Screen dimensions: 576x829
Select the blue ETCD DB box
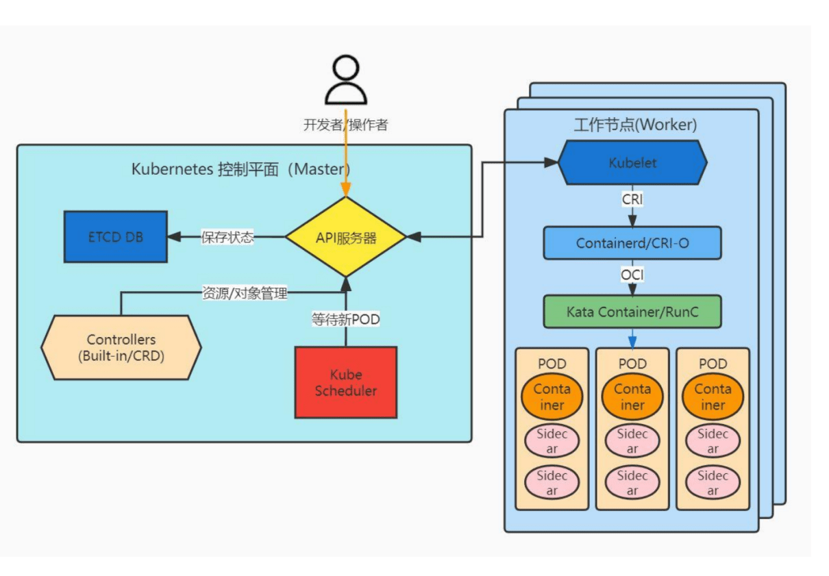(x=116, y=237)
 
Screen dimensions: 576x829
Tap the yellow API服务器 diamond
(x=346, y=237)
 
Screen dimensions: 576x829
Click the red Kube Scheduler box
(x=346, y=382)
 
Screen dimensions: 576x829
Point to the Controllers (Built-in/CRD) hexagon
(x=121, y=347)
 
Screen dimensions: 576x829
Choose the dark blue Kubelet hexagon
(x=632, y=163)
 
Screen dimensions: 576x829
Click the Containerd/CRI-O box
(x=632, y=243)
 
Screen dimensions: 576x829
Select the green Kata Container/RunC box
(x=632, y=312)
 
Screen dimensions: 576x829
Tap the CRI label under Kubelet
(x=632, y=199)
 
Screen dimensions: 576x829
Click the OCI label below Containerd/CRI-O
(x=632, y=275)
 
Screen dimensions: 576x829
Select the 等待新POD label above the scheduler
(x=346, y=319)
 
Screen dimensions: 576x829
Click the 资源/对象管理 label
(x=245, y=293)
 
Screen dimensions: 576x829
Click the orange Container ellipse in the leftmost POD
(x=552, y=397)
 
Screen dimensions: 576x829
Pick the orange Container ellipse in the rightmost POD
(x=713, y=397)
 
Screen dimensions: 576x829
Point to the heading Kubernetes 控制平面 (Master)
(x=240, y=169)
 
